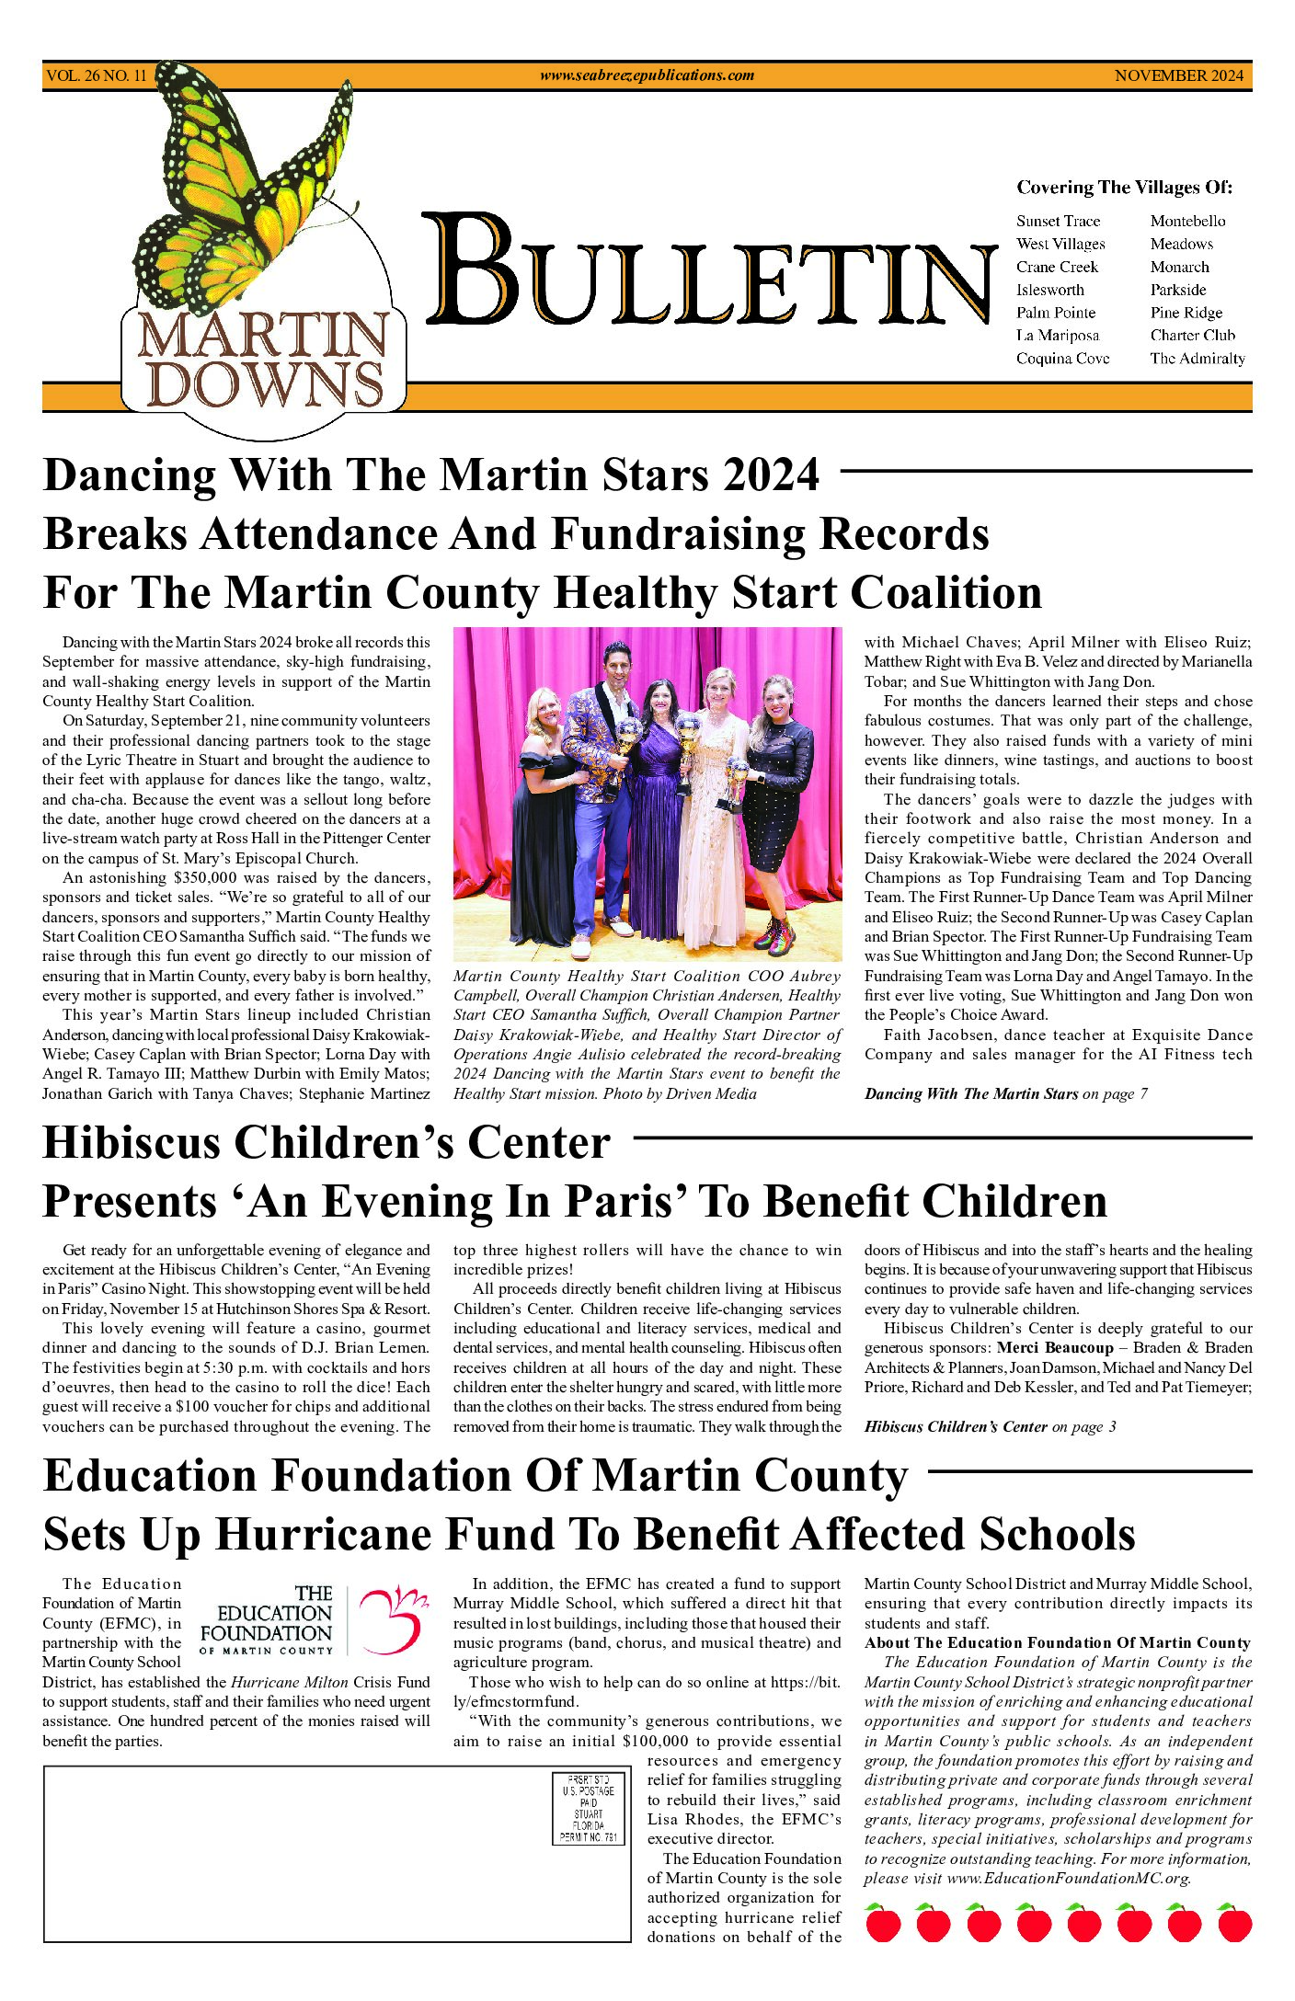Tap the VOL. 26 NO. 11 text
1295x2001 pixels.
point(96,76)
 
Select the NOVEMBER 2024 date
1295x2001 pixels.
point(1178,76)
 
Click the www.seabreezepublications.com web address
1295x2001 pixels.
point(647,76)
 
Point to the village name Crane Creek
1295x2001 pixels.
point(1057,267)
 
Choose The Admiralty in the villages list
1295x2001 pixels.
point(1197,359)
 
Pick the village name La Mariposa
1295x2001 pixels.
point(1057,336)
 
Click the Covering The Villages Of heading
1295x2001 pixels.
point(1124,188)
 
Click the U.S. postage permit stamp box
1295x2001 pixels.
point(589,1809)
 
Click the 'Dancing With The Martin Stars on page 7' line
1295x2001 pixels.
point(1005,1093)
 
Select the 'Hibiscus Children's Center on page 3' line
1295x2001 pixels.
point(990,1426)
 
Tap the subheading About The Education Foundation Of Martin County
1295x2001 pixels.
point(1057,1642)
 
